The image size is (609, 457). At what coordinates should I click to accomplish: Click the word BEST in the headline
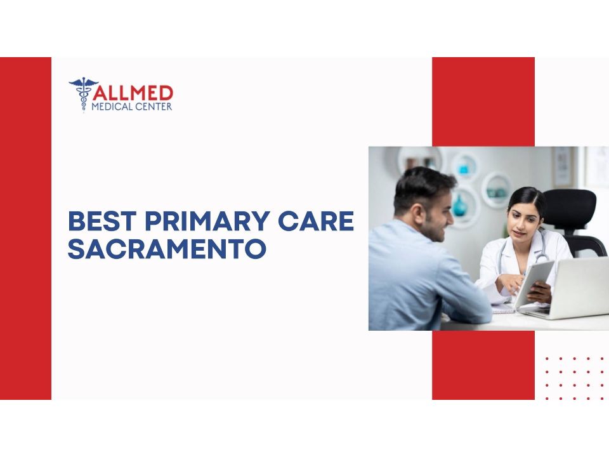click(102, 221)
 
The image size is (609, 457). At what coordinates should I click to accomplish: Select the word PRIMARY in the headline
click(207, 221)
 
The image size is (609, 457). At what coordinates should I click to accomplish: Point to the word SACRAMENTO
click(167, 249)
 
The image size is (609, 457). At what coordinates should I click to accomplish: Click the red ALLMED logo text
click(133, 93)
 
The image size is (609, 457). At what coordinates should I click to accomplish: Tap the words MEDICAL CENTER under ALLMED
click(132, 107)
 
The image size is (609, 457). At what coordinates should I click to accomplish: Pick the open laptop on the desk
click(572, 288)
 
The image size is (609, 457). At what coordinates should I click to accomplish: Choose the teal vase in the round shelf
click(461, 205)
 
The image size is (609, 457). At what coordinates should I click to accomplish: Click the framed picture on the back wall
click(563, 166)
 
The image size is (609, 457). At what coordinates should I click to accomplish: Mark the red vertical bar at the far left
click(25, 228)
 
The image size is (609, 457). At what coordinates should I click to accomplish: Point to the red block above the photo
click(483, 102)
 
